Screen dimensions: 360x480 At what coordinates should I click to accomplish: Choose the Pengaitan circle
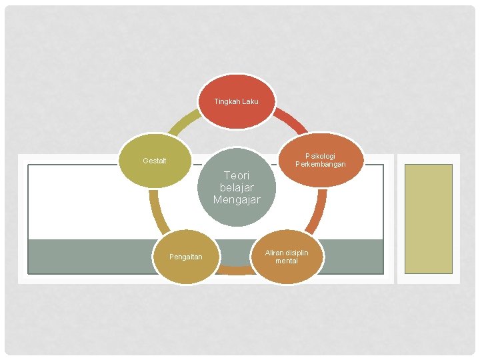[186, 257]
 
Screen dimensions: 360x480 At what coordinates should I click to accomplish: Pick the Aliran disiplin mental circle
[286, 256]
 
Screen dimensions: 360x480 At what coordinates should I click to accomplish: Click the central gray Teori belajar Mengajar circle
[237, 187]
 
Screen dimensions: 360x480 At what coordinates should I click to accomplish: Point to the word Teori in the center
[237, 175]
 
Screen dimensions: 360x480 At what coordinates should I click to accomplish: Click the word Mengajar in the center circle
[237, 199]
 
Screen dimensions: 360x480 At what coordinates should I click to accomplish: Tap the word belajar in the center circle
[237, 187]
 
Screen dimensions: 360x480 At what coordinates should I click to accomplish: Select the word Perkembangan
[321, 164]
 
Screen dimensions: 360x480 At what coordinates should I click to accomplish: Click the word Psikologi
[321, 156]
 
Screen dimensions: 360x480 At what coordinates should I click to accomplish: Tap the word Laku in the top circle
[249, 101]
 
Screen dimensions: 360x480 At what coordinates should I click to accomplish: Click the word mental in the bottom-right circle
[286, 261]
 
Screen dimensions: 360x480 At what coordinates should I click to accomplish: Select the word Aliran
[275, 253]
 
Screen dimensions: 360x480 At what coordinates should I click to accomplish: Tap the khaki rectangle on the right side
[429, 219]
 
